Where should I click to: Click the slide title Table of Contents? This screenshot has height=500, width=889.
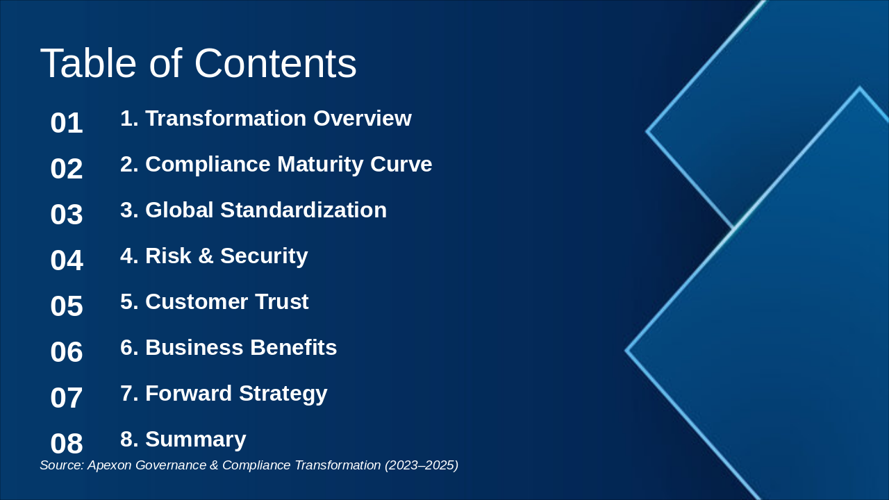tap(198, 63)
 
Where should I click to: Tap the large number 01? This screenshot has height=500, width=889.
tap(67, 123)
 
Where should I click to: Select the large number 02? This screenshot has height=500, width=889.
tap(67, 169)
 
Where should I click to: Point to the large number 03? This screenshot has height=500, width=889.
tap(67, 215)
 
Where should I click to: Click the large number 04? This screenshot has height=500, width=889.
tap(67, 260)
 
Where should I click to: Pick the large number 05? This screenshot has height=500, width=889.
tap(67, 306)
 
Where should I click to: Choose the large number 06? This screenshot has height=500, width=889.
tap(67, 352)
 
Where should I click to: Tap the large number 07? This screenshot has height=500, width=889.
tap(67, 398)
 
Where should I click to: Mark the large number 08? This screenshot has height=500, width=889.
tap(67, 444)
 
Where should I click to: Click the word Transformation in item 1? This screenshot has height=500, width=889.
tap(226, 118)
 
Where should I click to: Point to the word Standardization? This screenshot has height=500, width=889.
tap(304, 210)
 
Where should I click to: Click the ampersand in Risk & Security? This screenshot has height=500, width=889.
tap(206, 256)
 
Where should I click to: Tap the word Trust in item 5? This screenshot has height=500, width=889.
tap(282, 301)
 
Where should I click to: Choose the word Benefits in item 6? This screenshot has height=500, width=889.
tap(293, 348)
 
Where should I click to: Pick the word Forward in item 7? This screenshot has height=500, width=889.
tap(188, 393)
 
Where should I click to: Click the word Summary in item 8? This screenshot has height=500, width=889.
tap(196, 440)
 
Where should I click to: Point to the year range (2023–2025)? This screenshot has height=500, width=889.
tap(422, 465)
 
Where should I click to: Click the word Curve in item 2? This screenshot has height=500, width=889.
tap(401, 165)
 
